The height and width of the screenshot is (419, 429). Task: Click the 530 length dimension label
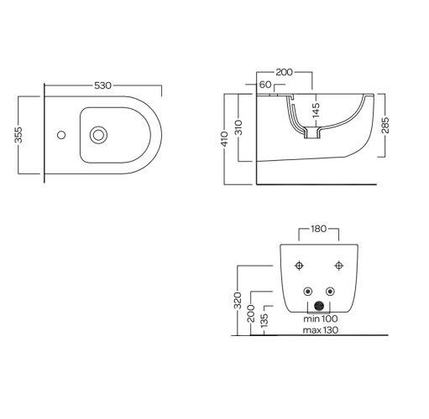coord(102,85)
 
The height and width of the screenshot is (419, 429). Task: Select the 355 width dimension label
coord(18,135)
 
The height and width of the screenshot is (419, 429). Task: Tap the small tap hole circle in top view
coord(61,135)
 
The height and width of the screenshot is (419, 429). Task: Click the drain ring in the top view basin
coord(98,135)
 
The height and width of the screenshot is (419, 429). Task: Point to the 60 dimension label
coord(265,85)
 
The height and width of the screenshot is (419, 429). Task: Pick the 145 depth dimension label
coord(316,110)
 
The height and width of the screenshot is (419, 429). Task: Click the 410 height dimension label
coord(225,139)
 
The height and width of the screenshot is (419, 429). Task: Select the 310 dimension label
coord(238,127)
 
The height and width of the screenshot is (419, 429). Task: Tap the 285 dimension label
coord(385,125)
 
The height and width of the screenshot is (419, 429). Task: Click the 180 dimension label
coord(319,229)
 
